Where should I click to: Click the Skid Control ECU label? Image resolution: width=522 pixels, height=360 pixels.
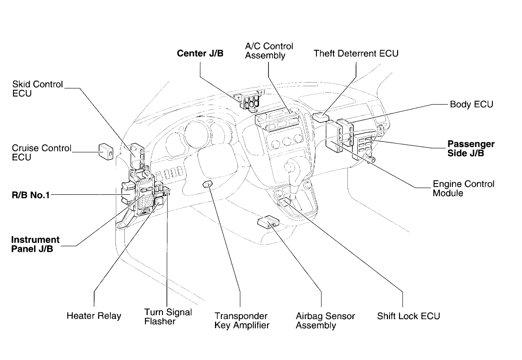tap(38, 89)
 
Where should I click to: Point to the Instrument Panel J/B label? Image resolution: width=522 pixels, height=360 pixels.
tap(35, 245)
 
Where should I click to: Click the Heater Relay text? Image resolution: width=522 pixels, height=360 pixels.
tap(93, 316)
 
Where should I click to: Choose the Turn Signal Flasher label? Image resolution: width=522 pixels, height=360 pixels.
tap(167, 316)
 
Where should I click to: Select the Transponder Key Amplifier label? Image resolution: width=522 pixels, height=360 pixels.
tap(241, 320)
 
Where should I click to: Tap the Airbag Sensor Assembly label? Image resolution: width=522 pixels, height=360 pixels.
tap(325, 320)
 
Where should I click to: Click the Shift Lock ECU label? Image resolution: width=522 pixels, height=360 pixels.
tap(408, 316)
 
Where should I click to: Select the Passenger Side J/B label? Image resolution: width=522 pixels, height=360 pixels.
tap(471, 149)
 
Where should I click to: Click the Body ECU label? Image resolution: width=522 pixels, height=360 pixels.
tap(471, 105)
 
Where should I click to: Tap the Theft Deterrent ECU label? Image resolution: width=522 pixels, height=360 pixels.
tap(356, 54)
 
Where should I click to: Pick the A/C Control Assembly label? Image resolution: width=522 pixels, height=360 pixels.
tap(269, 51)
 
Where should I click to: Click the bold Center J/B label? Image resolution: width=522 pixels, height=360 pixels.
tap(200, 54)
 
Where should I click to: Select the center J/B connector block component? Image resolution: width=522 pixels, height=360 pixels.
tap(248, 101)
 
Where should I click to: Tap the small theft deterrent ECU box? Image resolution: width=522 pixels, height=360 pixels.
tap(319, 118)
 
